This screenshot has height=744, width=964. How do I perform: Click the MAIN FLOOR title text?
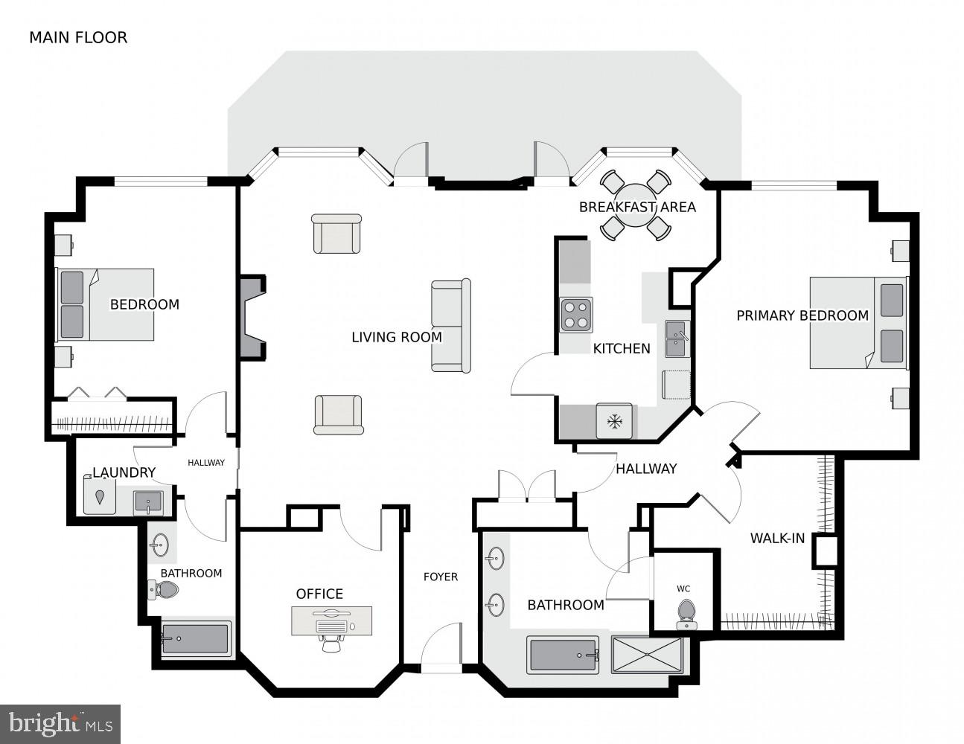coord(78,37)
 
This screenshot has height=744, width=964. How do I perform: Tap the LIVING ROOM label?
coord(397,337)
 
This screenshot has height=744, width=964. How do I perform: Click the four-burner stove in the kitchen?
coord(576,315)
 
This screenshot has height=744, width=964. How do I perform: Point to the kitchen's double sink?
coord(677,339)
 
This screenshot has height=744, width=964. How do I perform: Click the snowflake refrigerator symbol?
coord(614,422)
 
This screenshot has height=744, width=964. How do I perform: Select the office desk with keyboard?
coord(331,619)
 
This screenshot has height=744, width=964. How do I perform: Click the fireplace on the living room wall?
coord(252,318)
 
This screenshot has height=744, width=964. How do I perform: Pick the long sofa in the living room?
coord(451,326)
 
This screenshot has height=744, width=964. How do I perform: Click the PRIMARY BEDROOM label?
coord(802,315)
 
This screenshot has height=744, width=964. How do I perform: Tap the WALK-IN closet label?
coord(777,538)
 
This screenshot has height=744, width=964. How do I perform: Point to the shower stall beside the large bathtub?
coord(646,655)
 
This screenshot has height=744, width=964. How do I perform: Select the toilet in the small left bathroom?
coord(165,591)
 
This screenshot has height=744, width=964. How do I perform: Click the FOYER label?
coord(441,577)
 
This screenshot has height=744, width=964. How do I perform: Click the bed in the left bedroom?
coord(106,304)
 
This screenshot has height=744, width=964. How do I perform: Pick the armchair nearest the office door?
coord(338,414)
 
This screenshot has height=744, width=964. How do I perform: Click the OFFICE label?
coord(319,594)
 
